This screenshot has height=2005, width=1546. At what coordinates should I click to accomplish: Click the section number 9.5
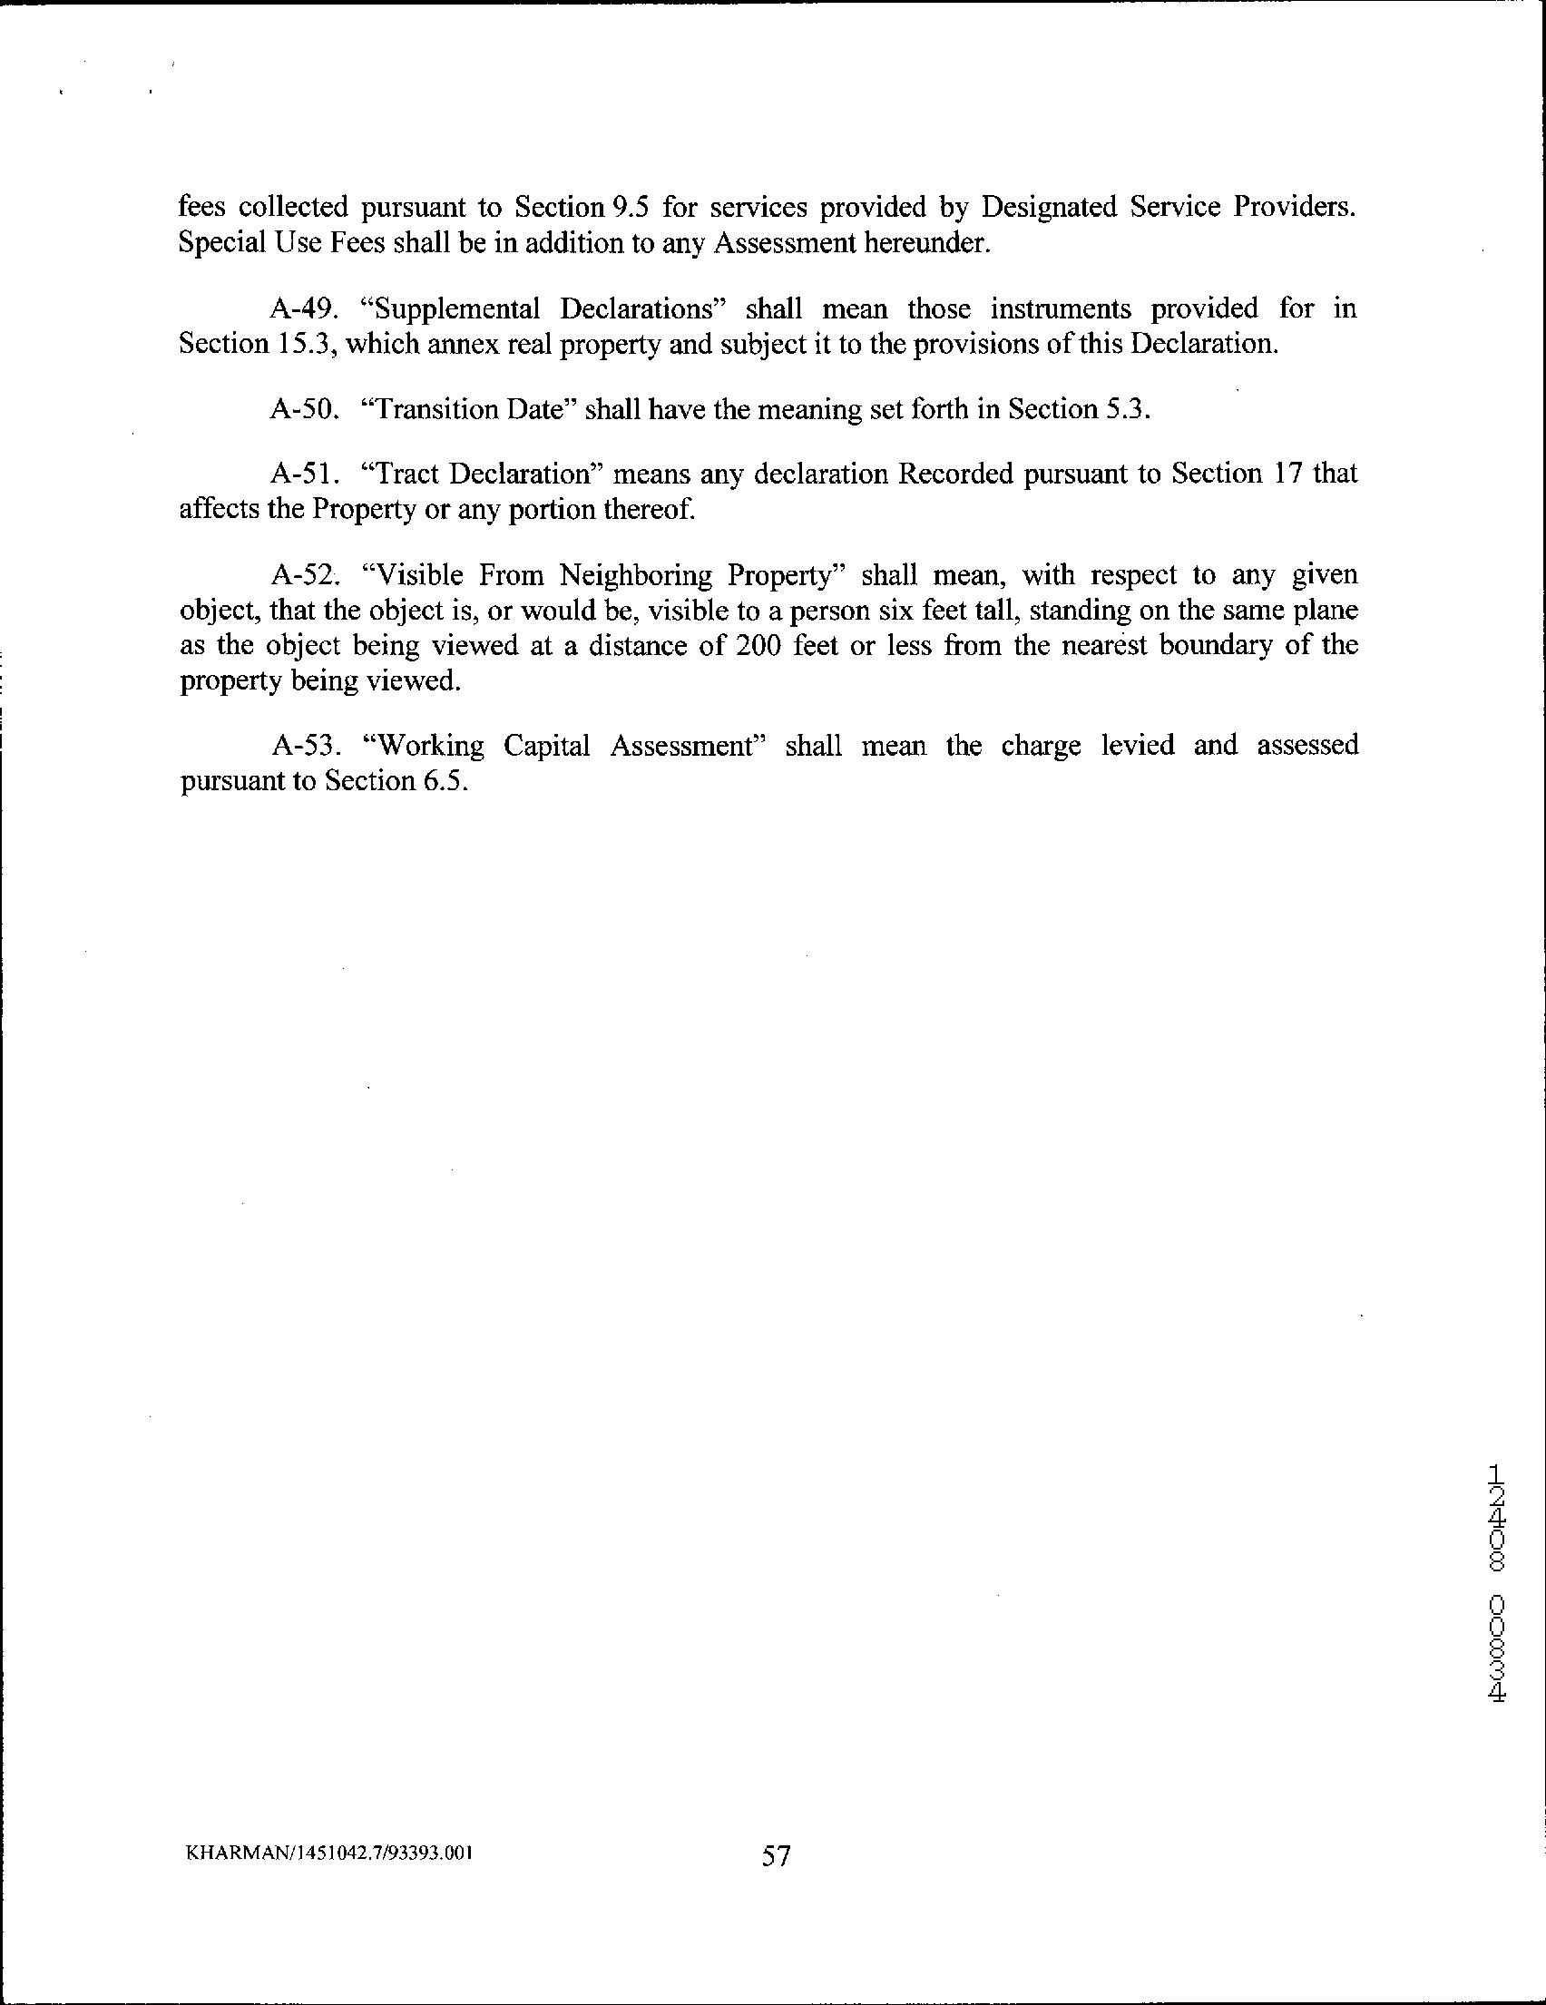coord(623,208)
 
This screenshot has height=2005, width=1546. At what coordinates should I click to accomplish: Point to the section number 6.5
coord(445,780)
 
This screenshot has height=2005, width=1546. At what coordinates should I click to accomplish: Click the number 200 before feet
coord(758,645)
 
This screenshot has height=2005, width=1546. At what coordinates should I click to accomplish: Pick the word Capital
coord(546,746)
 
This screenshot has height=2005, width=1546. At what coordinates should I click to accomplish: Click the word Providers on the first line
coord(1293,208)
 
